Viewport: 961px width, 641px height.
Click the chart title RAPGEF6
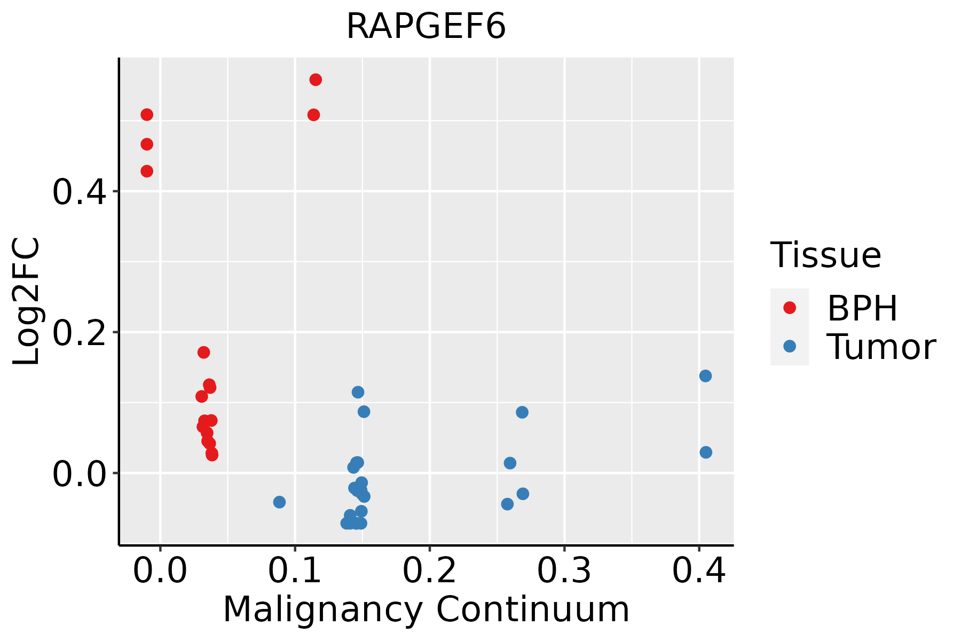[x=426, y=27]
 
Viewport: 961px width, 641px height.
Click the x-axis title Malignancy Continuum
[x=426, y=610]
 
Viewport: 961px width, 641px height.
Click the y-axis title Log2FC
[x=27, y=302]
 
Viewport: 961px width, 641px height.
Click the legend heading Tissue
[x=826, y=255]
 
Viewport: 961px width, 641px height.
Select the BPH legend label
[x=862, y=308]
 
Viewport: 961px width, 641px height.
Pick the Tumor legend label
[x=881, y=347]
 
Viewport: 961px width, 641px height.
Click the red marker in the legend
[x=790, y=308]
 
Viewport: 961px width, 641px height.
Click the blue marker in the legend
[x=790, y=346]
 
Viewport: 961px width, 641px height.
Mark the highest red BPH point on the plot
[x=316, y=80]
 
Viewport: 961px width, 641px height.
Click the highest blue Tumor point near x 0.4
[x=705, y=376]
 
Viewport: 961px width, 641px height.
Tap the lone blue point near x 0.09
[x=279, y=502]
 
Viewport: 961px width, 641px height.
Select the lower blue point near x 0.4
[x=706, y=452]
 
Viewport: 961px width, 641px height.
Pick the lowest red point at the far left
[x=147, y=171]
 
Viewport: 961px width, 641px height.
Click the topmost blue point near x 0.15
[x=358, y=392]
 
